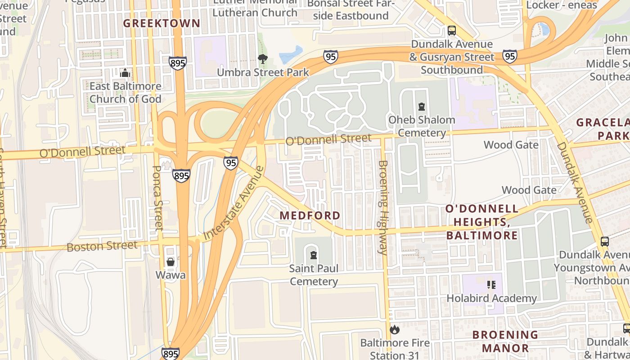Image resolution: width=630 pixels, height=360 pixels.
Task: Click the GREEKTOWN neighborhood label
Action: pyautogui.click(x=162, y=23)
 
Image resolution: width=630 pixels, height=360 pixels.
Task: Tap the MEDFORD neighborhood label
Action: pyautogui.click(x=310, y=216)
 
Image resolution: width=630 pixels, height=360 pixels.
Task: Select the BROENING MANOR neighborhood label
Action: pyautogui.click(x=505, y=341)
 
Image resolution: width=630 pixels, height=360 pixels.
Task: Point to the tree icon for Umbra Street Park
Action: pyautogui.click(x=263, y=58)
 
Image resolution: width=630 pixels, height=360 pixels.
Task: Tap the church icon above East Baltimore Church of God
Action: pyautogui.click(x=125, y=72)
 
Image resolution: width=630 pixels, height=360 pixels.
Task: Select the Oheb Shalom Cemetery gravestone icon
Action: pyautogui.click(x=421, y=107)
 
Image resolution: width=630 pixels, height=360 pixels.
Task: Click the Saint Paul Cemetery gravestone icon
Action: pyautogui.click(x=314, y=255)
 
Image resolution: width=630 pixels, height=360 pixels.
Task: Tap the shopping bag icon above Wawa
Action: pyautogui.click(x=171, y=261)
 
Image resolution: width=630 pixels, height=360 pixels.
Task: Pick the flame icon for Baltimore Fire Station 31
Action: pyautogui.click(x=395, y=329)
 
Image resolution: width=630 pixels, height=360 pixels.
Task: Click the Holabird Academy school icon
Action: pyautogui.click(x=491, y=285)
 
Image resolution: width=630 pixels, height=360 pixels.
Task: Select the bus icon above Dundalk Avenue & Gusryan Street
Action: pyautogui.click(x=452, y=31)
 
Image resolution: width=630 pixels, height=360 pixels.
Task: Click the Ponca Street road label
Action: pyautogui.click(x=157, y=198)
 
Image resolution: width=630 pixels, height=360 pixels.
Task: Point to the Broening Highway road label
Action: pyautogui.click(x=383, y=208)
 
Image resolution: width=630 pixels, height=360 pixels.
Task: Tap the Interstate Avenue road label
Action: pyautogui.click(x=234, y=203)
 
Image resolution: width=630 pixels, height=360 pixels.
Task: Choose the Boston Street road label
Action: pyautogui.click(x=102, y=246)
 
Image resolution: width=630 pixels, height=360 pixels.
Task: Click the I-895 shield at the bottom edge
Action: pyautogui.click(x=171, y=354)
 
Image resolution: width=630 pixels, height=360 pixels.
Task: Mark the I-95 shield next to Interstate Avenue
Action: pyautogui.click(x=231, y=163)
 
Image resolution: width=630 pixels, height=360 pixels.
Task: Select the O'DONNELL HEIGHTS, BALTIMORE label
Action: pyautogui.click(x=481, y=222)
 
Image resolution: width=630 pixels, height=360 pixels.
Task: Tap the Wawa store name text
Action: pyautogui.click(x=171, y=274)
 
